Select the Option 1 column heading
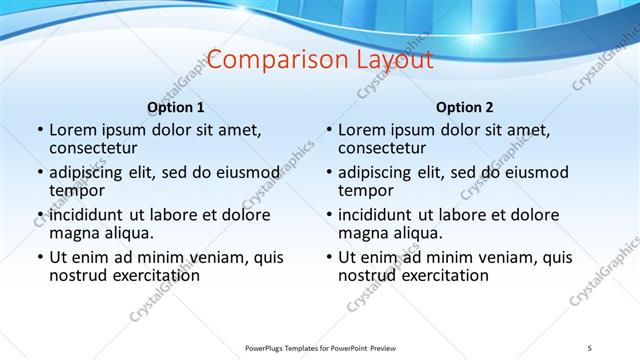[x=176, y=108]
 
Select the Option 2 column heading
[x=465, y=108]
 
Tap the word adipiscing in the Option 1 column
[x=91, y=172]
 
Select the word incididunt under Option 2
[x=379, y=214]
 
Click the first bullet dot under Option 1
[x=39, y=130]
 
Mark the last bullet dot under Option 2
[x=328, y=257]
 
